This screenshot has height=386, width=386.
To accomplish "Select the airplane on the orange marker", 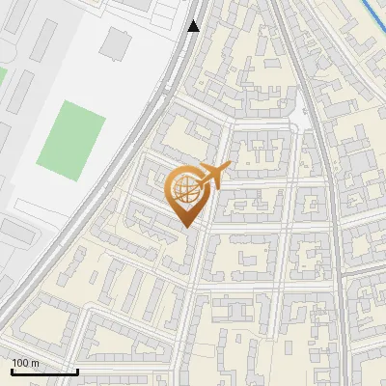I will pos(212,177).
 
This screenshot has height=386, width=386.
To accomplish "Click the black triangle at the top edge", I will pos(194,26).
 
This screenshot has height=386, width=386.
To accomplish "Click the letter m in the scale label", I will pos(35,363).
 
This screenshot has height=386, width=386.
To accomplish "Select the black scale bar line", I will pos(44,372).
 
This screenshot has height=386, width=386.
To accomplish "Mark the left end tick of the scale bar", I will pos(12,370).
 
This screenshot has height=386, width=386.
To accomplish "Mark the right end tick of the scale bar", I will pos(77,370).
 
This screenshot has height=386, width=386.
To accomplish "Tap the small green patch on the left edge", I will pos(2,75).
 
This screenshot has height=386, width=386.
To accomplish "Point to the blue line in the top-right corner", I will pos(372,14).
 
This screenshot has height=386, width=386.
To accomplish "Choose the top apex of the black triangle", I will pos(194,20).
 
